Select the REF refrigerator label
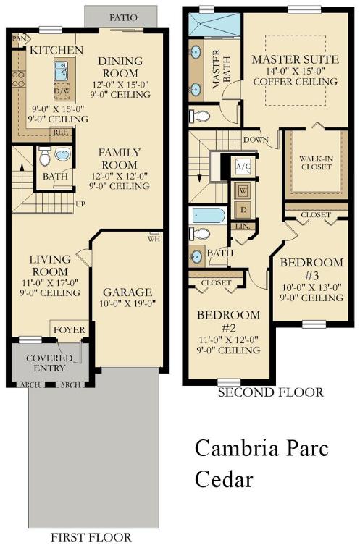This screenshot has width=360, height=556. pyautogui.click(x=61, y=132)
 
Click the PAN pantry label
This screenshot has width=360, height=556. pyautogui.click(x=20, y=38)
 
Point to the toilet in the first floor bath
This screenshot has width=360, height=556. pyautogui.click(x=46, y=156)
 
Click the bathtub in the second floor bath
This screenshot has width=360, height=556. pyautogui.click(x=207, y=216)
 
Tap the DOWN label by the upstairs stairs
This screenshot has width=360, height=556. pyautogui.click(x=256, y=139)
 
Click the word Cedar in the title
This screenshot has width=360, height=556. pyautogui.click(x=225, y=479)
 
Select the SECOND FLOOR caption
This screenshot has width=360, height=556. pyautogui.click(x=270, y=392)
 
